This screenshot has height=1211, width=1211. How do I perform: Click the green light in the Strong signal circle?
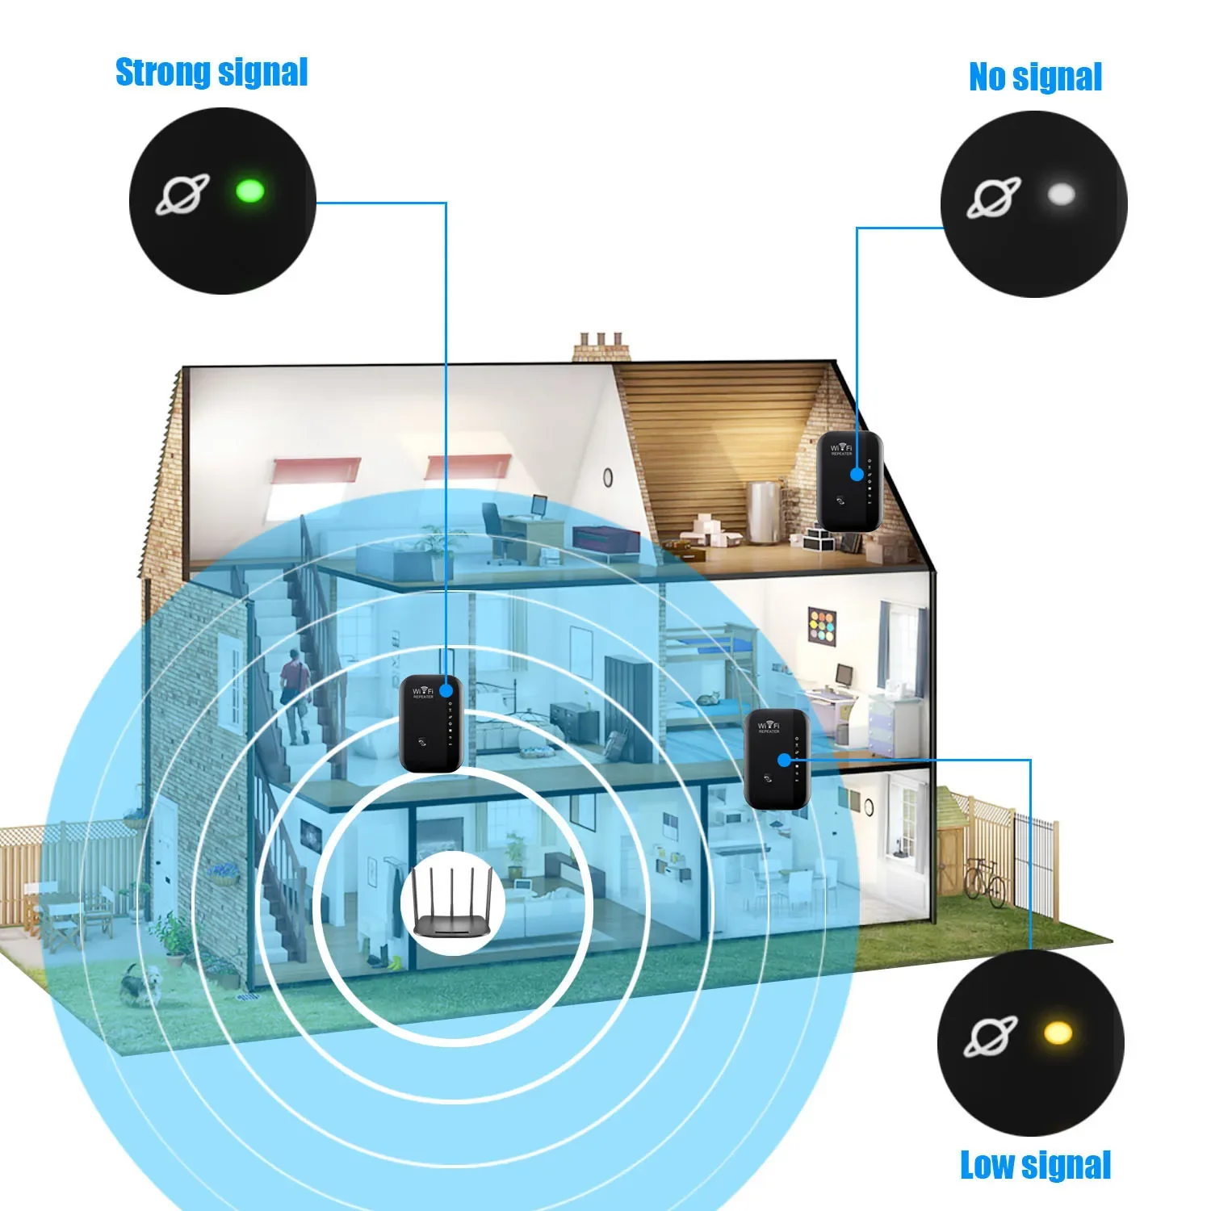[x=249, y=192]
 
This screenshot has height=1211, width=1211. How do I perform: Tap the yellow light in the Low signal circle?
[x=1058, y=1033]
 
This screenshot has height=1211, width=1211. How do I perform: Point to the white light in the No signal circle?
[x=1060, y=194]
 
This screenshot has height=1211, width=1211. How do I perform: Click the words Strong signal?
[x=212, y=73]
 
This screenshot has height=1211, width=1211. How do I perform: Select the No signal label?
[x=1035, y=78]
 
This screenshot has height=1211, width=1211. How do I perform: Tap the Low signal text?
[x=1035, y=1166]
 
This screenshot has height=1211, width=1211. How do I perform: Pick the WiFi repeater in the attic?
[x=849, y=481]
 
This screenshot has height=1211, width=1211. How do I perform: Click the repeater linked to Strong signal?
[x=431, y=723]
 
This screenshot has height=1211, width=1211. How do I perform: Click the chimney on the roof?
[x=601, y=347]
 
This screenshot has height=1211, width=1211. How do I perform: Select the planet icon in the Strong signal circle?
[x=182, y=195]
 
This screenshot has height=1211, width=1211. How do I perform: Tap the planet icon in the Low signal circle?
[x=991, y=1037]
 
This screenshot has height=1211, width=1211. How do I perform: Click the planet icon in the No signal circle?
[x=994, y=197]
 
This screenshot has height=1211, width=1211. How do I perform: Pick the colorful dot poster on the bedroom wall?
[x=822, y=626]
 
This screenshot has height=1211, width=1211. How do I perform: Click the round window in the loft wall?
[x=608, y=477]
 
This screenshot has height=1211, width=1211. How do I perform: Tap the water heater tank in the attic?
[x=763, y=510]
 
